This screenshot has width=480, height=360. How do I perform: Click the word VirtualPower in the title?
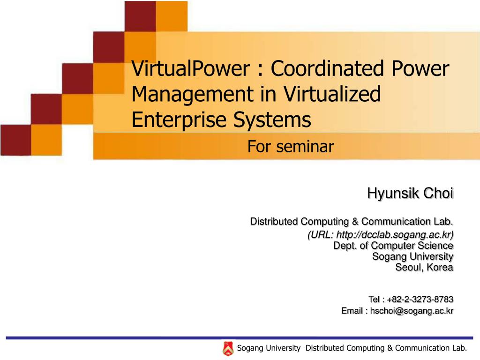coord(190,69)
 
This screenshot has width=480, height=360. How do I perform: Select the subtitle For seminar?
coord(291,147)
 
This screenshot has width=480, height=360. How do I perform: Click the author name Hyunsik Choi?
coord(410,193)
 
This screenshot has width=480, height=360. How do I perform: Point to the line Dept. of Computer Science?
coord(393,245)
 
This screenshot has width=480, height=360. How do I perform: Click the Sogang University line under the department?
coord(412,256)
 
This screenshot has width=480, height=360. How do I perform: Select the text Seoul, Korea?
coord(424,267)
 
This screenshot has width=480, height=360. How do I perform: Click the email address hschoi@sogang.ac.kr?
coord(412,310)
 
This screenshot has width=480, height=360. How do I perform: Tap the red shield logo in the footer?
coord(228,348)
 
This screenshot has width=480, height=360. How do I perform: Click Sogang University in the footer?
coord(269,348)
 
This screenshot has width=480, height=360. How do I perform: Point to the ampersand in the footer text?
coord(390,348)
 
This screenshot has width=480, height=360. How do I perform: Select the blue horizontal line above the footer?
coord(239,337)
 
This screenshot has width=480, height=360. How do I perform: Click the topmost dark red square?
coord(140,16)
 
